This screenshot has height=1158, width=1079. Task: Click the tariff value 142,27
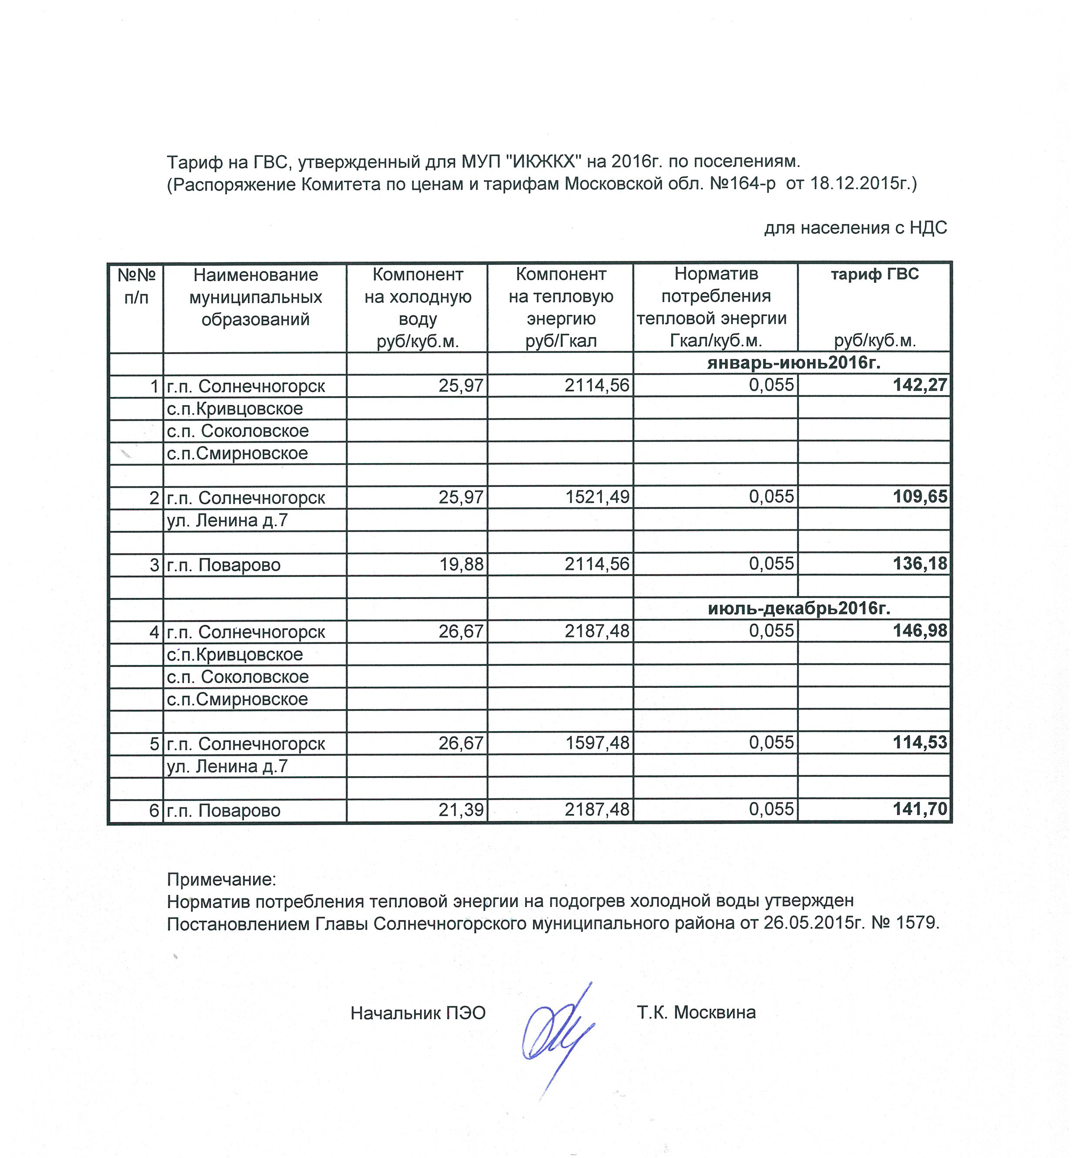pos(919,385)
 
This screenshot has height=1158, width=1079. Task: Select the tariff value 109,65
pos(919,496)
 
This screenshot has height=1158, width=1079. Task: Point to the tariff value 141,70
pos(919,809)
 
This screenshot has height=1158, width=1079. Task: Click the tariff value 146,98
pos(919,630)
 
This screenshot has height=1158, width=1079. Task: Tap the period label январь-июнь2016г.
pos(793,363)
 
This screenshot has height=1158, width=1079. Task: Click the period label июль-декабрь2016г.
pos(799,608)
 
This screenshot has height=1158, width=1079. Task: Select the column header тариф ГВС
pos(874,274)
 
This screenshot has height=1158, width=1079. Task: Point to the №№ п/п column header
pos(136,286)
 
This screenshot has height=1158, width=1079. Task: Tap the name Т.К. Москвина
pos(696,1012)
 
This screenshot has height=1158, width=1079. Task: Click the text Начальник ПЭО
pos(418,1013)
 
